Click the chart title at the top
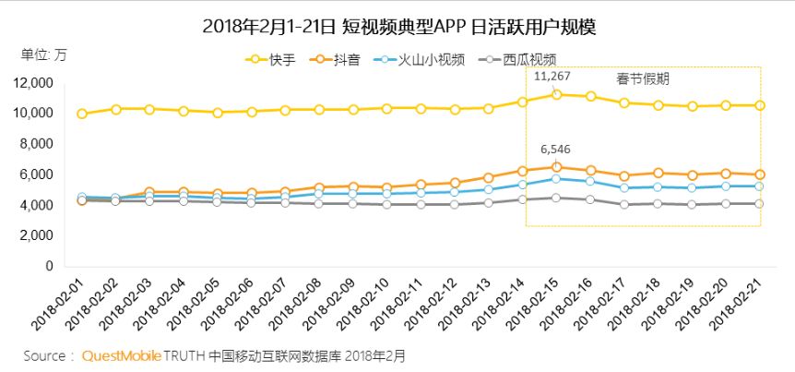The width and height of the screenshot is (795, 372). (x=398, y=26)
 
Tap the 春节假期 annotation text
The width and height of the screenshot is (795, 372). (x=643, y=79)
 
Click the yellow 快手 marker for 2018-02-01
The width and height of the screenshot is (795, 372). (x=82, y=114)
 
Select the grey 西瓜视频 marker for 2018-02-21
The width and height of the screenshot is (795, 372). (x=760, y=204)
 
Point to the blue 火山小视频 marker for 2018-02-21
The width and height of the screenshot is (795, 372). (x=760, y=186)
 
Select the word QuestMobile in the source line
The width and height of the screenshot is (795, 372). (x=122, y=355)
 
